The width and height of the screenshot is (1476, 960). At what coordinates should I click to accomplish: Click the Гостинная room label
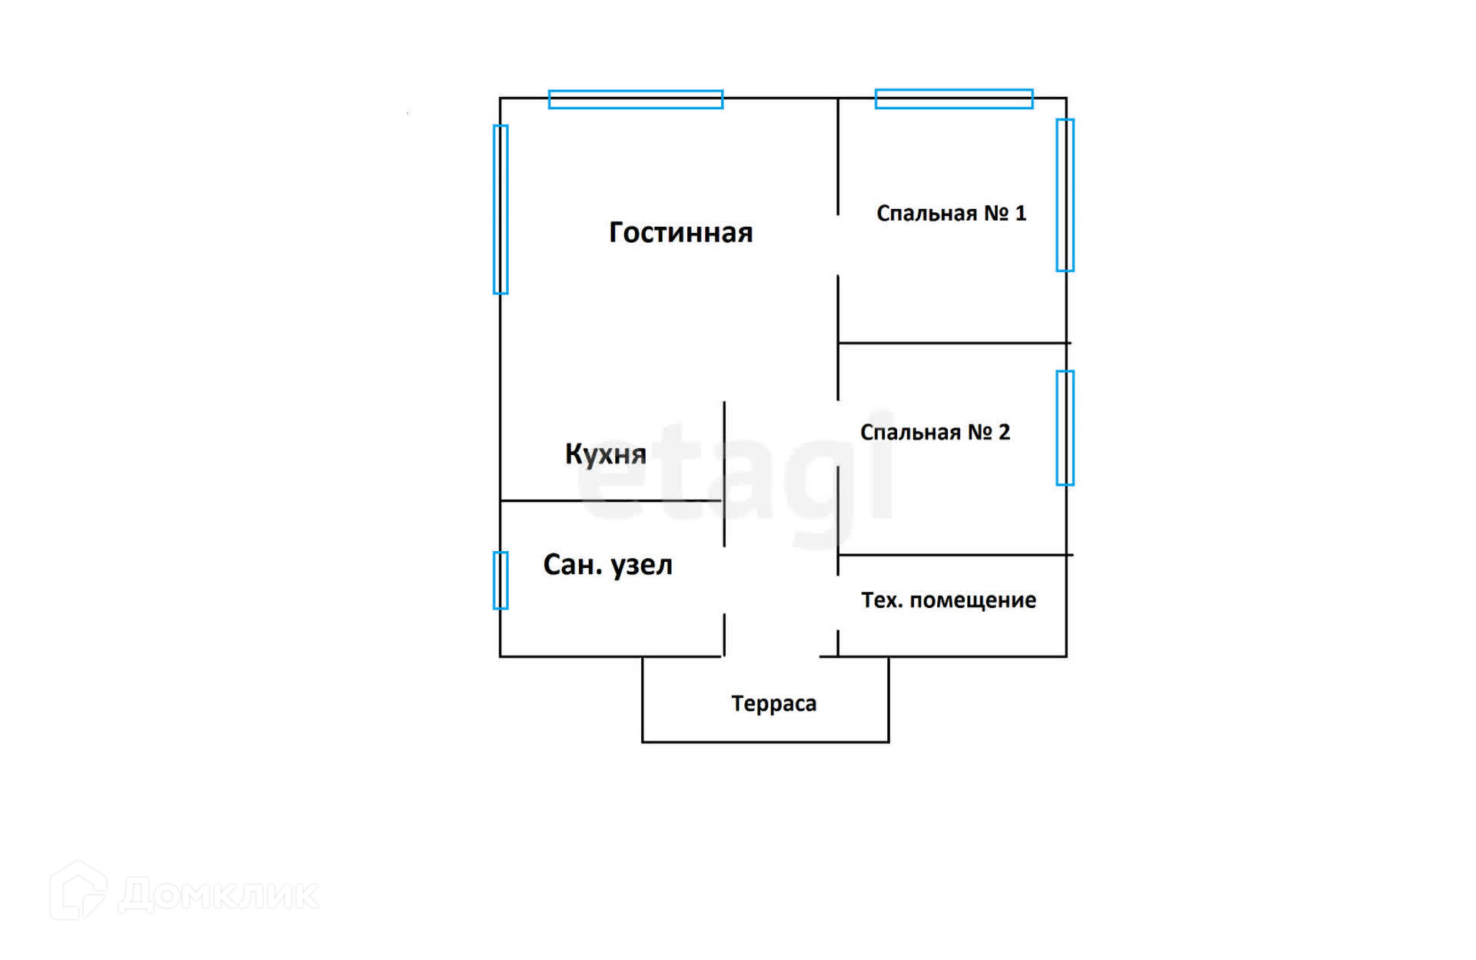(680, 232)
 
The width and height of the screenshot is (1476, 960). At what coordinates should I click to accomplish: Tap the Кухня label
(605, 453)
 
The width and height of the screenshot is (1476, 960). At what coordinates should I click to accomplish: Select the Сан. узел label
(607, 565)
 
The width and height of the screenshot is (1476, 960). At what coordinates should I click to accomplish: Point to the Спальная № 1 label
(951, 213)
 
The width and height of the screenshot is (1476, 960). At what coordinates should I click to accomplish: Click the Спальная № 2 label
(935, 432)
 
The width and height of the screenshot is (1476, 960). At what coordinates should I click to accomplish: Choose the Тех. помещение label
(948, 600)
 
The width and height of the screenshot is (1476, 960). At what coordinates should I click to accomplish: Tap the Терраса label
(773, 703)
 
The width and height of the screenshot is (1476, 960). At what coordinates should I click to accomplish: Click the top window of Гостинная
(636, 99)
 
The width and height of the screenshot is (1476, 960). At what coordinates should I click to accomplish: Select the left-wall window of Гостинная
(500, 209)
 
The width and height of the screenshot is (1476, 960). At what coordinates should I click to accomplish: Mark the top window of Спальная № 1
(953, 98)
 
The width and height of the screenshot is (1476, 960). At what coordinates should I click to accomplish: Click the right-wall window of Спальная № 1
(1065, 195)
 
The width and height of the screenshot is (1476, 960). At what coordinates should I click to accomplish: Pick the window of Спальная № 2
(1065, 428)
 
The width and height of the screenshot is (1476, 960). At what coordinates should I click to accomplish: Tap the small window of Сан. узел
(500, 580)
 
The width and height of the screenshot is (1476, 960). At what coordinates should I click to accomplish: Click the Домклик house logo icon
(78, 892)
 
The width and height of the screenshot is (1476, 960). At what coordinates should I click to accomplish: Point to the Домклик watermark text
(219, 895)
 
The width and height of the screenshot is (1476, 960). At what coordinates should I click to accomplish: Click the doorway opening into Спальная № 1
(838, 245)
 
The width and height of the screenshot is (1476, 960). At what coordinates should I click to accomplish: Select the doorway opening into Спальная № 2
(838, 433)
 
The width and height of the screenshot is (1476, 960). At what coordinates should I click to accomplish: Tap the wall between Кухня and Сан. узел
(611, 500)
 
